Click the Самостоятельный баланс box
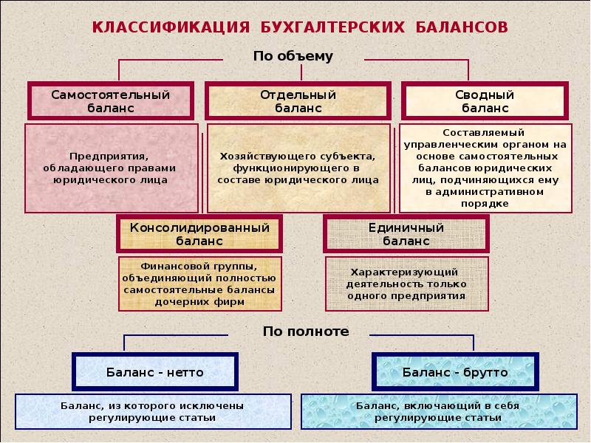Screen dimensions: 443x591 [x=111, y=101]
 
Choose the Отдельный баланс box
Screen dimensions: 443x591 [x=298, y=101]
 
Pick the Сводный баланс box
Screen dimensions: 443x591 [x=485, y=101]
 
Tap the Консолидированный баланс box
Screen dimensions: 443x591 [x=199, y=234]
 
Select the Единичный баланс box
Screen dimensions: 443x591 [x=406, y=234]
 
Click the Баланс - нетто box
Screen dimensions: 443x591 [x=155, y=372]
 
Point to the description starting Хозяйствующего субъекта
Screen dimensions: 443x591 [x=298, y=168]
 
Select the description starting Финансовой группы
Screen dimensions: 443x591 [x=199, y=284]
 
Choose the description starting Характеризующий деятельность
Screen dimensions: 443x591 [x=406, y=284]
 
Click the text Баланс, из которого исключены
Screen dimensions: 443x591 [x=152, y=411]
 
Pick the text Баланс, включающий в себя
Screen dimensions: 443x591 [x=438, y=411]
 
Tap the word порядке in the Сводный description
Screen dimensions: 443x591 [x=485, y=203]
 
